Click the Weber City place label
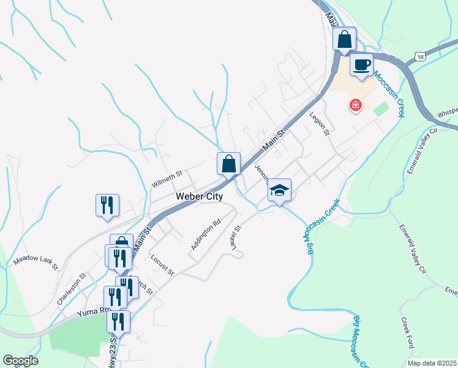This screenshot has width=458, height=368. pyautogui.click(x=199, y=196)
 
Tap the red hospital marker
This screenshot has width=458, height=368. pyautogui.click(x=355, y=105)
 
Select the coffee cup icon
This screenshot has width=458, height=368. pyautogui.click(x=361, y=65)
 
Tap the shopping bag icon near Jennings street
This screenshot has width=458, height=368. pyautogui.click(x=228, y=164)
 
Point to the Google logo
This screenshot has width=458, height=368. pyautogui.click(x=20, y=361)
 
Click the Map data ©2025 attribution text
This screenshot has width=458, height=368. pyautogui.click(x=432, y=363)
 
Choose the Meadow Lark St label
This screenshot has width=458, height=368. pyautogui.click(x=35, y=263)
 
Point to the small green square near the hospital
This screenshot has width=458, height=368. pyautogui.click(x=381, y=110)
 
